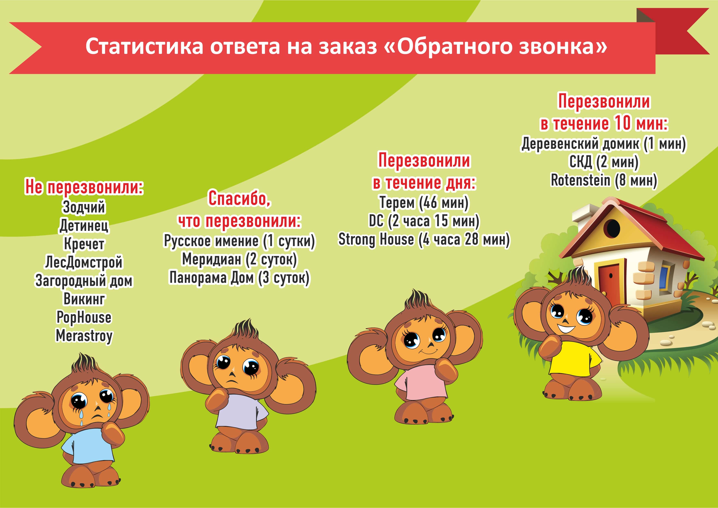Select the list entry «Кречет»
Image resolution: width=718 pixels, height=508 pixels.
(84, 244)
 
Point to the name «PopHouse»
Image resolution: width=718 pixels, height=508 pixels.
(84, 317)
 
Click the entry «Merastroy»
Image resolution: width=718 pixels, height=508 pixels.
(84, 336)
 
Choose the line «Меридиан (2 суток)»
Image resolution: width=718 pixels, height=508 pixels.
(239, 260)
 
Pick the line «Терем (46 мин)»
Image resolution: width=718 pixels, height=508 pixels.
(424, 202)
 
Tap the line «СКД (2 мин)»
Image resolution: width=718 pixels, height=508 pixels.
(604, 162)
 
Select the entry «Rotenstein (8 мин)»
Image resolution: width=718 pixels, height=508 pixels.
(604, 181)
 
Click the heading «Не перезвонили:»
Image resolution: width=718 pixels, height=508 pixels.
(84, 187)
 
